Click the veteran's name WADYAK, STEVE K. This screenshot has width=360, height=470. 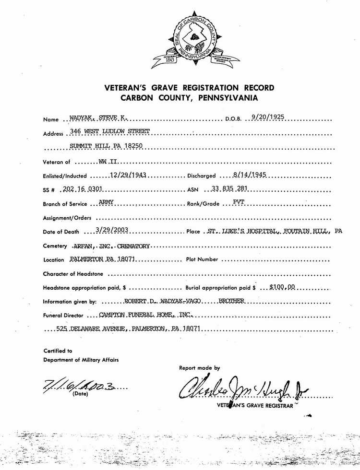(x=97, y=118)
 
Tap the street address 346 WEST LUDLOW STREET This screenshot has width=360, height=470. (x=110, y=131)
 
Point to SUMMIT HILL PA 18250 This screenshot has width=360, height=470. (x=106, y=146)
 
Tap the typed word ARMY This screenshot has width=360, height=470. (x=106, y=202)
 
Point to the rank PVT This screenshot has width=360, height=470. (x=239, y=202)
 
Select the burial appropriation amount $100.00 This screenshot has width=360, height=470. (x=284, y=288)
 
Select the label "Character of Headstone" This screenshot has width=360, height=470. (x=75, y=274)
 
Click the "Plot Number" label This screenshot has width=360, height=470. (x=202, y=259)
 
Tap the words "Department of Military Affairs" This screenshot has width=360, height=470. (x=81, y=360)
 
